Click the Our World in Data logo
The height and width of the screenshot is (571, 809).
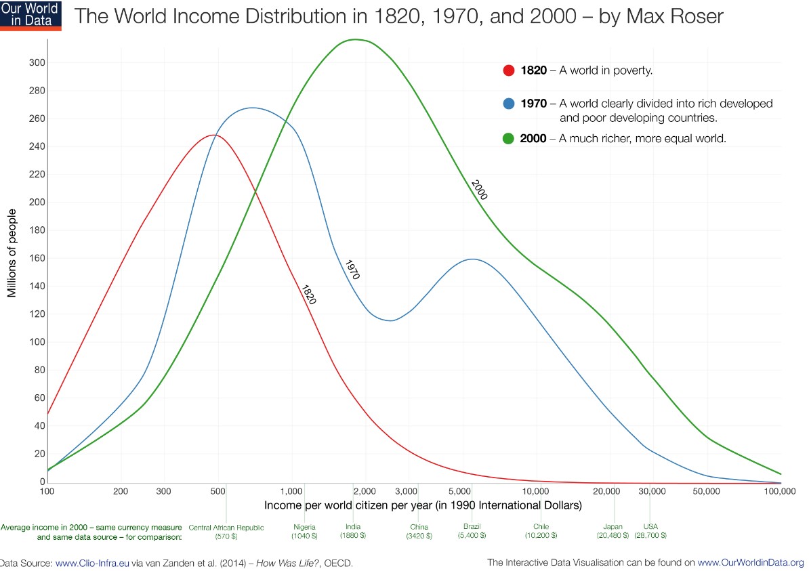(30, 16)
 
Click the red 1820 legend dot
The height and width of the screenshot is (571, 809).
(510, 70)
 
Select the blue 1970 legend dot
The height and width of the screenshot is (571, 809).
(510, 104)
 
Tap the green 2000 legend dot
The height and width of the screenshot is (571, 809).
(510, 139)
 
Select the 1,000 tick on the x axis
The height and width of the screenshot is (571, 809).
(292, 492)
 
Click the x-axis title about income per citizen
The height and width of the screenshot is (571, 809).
(423, 505)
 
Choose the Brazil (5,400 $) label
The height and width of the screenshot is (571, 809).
(472, 531)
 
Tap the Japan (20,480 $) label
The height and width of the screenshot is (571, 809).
(613, 531)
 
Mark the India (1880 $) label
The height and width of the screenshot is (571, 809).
(353, 531)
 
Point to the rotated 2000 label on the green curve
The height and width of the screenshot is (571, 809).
(479, 190)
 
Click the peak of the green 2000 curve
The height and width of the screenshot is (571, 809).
(356, 39)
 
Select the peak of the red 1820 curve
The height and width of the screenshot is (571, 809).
(213, 135)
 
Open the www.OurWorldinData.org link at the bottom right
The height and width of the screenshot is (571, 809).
(751, 562)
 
